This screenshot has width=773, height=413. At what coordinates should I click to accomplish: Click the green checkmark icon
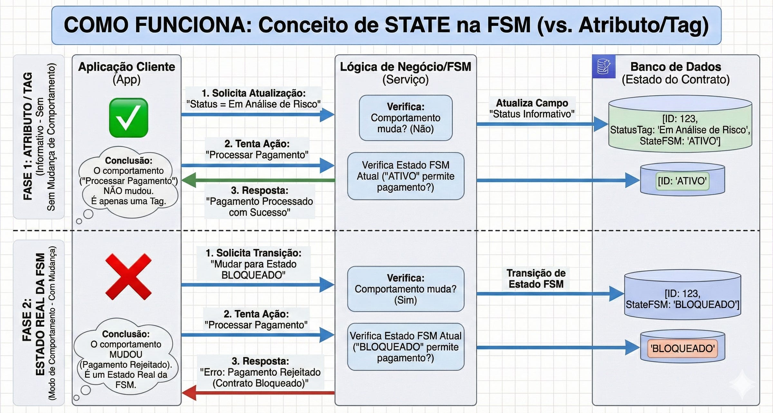[129, 118]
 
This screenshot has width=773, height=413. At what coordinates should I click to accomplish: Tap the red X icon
[128, 276]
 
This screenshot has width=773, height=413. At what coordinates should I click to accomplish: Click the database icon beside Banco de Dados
[604, 66]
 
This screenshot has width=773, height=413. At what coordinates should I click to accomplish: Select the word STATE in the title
[417, 25]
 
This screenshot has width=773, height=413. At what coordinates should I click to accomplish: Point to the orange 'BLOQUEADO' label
[682, 348]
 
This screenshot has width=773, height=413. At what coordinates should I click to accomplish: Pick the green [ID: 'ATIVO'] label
[682, 181]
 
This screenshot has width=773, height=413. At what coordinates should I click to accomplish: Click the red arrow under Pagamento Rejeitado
[258, 393]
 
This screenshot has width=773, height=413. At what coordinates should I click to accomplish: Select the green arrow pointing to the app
[258, 180]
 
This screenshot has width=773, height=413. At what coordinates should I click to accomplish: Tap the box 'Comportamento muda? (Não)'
[406, 118]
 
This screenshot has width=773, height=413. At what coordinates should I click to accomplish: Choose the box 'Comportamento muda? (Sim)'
[406, 289]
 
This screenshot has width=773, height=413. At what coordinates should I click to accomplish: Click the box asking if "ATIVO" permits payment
[406, 176]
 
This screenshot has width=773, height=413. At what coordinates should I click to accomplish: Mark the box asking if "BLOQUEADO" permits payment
[406, 347]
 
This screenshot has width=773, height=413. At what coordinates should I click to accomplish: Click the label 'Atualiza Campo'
[532, 103]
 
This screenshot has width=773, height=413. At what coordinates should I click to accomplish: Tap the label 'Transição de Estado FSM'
[536, 279]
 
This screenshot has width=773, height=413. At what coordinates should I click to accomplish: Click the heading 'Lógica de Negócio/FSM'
[406, 67]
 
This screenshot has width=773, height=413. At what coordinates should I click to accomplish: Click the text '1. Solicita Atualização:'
[253, 93]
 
